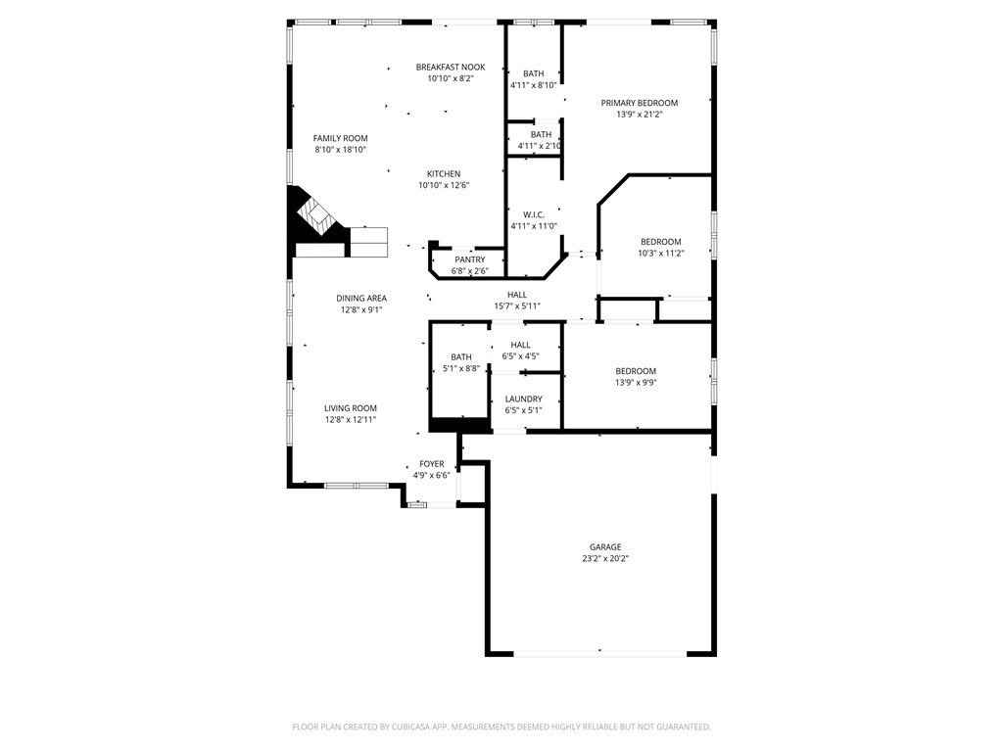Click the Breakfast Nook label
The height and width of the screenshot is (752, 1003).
click(450, 68)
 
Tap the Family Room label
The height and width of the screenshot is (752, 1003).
click(340, 138)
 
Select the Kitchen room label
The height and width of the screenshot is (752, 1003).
click(443, 173)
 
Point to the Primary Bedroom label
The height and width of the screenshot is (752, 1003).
click(639, 103)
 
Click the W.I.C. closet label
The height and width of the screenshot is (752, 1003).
click(533, 214)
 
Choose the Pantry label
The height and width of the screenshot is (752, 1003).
click(469, 259)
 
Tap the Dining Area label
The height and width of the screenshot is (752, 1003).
click(361, 299)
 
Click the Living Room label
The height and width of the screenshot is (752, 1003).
click(351, 408)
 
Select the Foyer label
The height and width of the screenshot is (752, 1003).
click(431, 464)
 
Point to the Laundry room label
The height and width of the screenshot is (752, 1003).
click(523, 399)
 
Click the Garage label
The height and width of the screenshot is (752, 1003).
click(604, 547)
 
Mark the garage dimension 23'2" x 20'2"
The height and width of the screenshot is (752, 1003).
click(604, 559)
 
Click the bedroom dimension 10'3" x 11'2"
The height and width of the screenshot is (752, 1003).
click(660, 254)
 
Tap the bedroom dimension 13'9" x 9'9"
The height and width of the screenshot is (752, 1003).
click(635, 383)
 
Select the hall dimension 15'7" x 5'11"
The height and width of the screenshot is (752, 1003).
click(516, 306)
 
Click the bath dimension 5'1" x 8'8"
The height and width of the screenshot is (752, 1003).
click(460, 369)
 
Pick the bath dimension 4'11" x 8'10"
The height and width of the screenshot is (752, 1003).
click(533, 85)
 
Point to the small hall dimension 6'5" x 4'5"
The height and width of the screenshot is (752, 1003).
click(520, 356)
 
